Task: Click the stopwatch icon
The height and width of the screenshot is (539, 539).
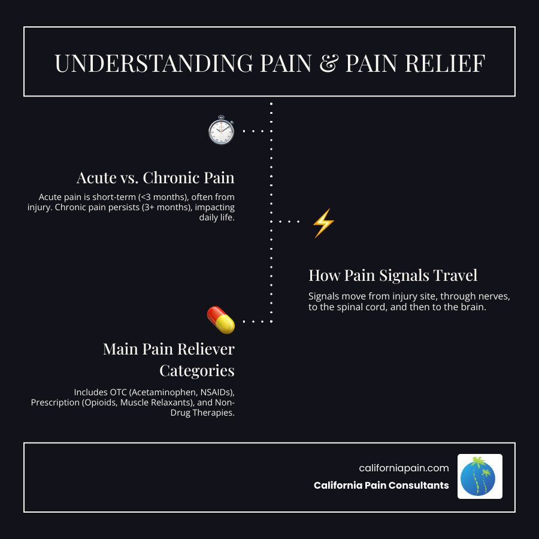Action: click(x=220, y=130)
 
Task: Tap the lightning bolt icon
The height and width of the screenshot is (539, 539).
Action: click(x=323, y=223)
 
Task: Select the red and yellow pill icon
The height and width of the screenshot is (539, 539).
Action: click(x=220, y=320)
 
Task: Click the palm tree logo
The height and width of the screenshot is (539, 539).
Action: click(x=480, y=476)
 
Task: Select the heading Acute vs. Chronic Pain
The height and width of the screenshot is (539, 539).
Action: click(x=155, y=178)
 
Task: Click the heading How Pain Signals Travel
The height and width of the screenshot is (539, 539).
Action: click(x=393, y=275)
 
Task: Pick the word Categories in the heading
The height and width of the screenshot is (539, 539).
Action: click(x=196, y=370)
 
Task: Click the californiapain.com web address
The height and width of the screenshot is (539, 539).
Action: click(x=404, y=468)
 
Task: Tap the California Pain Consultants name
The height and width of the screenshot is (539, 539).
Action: click(x=381, y=485)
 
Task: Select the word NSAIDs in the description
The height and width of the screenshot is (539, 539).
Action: click(x=207, y=392)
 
